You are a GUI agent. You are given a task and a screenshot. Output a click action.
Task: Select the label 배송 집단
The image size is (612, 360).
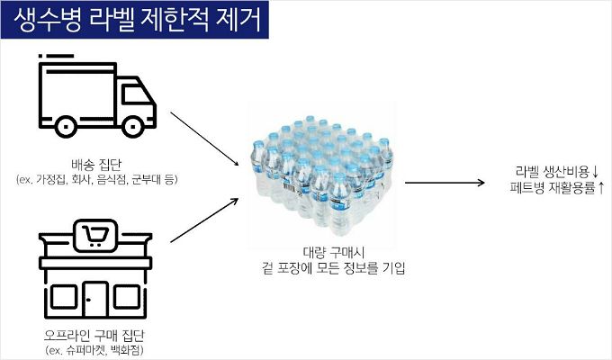(x=95, y=164)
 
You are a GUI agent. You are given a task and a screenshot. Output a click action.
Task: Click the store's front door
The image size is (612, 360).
(x=95, y=298)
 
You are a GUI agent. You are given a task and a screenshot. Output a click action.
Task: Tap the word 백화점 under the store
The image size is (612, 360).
(x=130, y=349)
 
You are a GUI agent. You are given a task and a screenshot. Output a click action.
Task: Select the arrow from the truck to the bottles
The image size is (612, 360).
(x=206, y=136)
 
